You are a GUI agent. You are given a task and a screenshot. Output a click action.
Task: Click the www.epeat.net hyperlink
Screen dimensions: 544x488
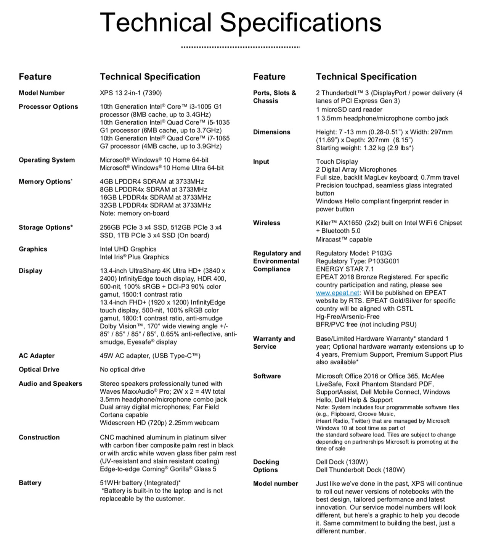point(337,293)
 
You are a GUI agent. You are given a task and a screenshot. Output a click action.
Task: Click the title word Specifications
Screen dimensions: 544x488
point(300,22)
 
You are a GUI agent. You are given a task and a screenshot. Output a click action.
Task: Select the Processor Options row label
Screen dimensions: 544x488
point(48,107)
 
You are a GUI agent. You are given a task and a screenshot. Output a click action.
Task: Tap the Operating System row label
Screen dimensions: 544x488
point(47,160)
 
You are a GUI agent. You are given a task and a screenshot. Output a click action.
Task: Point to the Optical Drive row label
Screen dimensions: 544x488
point(39,370)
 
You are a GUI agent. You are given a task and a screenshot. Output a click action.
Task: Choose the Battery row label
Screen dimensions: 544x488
point(30,483)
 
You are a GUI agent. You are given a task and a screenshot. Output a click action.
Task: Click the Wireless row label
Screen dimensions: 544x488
point(266,223)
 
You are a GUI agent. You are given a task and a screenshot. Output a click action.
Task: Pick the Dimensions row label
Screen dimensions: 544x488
point(271,132)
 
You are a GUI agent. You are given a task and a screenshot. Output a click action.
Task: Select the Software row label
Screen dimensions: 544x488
point(267,376)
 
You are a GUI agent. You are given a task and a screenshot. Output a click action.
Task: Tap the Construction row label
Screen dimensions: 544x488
point(39,438)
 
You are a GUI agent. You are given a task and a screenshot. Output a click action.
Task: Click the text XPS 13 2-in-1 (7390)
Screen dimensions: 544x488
point(131,93)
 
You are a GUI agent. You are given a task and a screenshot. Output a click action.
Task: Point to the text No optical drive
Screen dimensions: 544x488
point(122,370)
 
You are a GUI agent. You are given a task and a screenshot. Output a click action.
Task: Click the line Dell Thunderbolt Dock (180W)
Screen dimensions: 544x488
point(360,470)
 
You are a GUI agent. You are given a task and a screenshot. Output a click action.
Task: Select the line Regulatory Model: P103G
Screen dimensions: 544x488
point(353,253)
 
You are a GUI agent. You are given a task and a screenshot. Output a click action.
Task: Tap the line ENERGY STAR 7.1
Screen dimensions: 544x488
point(345,269)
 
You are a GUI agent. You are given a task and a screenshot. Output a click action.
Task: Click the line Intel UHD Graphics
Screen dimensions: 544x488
point(128,249)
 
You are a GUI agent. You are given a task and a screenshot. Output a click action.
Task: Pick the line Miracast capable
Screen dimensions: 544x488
point(344,240)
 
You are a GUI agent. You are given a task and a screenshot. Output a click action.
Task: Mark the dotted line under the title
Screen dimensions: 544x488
point(241,47)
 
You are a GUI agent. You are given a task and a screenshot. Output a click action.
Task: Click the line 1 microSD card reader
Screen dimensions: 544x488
point(349,110)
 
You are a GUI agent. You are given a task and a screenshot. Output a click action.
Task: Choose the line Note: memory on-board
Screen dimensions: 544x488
point(134,214)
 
